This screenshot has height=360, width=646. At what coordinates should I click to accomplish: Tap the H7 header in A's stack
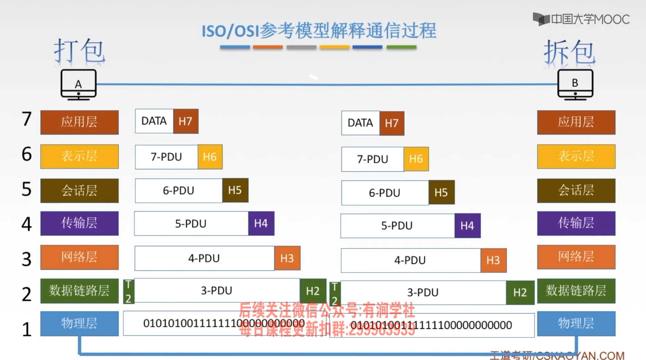click(185, 121)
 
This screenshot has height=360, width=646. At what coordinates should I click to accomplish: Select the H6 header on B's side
click(416, 159)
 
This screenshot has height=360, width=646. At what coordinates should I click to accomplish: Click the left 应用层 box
click(79, 122)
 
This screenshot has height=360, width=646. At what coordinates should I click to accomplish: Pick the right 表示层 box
click(576, 156)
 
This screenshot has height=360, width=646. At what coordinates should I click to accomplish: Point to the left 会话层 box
click(79, 191)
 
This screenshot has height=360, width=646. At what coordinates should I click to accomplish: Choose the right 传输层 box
click(576, 223)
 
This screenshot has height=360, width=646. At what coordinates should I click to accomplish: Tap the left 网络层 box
click(79, 257)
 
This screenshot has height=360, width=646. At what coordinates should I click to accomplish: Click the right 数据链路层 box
click(576, 291)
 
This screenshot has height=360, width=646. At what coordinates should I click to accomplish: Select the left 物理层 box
click(79, 323)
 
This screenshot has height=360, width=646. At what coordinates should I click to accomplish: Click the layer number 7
click(27, 119)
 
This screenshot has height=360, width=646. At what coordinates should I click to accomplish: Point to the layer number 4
click(27, 224)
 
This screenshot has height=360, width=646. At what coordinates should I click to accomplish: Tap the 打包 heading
click(79, 51)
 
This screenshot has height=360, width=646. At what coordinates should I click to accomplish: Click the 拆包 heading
click(569, 52)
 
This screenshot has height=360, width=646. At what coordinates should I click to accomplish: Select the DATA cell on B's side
click(360, 123)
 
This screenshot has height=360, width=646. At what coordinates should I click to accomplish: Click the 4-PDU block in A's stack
click(204, 258)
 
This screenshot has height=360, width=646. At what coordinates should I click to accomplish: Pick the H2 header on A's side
click(313, 291)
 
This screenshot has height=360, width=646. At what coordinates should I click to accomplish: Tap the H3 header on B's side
click(493, 260)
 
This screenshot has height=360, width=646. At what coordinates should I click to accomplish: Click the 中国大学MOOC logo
click(581, 19)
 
